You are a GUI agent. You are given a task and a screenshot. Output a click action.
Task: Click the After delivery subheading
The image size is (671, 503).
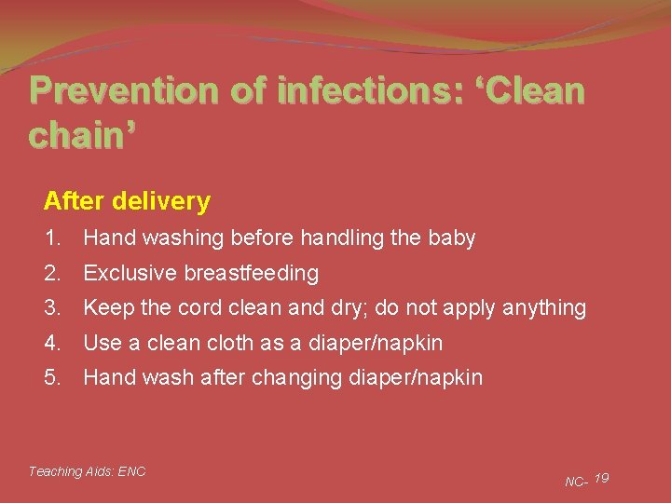pos(127,201)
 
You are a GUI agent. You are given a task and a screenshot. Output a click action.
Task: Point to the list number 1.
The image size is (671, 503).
pos(52,238)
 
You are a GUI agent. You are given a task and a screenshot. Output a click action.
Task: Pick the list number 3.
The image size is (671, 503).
pos(52,307)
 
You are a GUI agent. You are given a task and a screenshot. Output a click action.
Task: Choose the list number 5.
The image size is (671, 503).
pos(52,377)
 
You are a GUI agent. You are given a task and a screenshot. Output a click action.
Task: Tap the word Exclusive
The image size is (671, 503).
pos(129,273)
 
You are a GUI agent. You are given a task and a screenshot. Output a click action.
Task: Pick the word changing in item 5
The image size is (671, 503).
pos(309,378)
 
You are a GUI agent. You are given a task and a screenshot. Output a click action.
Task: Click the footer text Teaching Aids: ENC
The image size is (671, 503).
pos(87,471)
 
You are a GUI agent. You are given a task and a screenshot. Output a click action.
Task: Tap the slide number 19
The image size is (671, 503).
pos(601,478)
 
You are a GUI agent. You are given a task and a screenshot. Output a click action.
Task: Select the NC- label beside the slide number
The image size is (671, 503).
pos(576,482)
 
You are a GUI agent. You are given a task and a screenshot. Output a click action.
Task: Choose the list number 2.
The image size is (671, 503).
pos(52,273)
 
